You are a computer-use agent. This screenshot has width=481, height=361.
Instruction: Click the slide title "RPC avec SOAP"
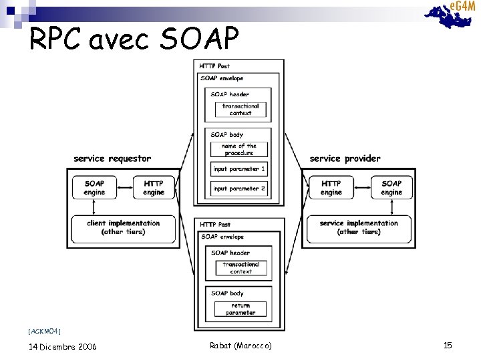point(134,40)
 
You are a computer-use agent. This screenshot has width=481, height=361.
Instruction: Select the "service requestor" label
point(112,158)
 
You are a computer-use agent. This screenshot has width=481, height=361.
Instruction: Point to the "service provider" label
point(345,158)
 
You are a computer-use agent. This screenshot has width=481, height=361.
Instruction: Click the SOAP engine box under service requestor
point(95,188)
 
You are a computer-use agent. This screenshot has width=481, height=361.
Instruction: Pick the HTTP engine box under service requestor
point(154,188)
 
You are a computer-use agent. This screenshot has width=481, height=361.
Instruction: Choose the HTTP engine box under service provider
point(331,188)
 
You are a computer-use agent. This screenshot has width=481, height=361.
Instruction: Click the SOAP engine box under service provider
point(391,188)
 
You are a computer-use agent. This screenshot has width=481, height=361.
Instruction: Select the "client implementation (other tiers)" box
point(124,227)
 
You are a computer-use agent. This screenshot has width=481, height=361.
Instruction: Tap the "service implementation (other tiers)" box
point(359,227)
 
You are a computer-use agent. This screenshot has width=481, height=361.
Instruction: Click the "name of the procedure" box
point(238,149)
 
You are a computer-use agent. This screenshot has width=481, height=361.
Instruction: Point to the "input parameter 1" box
point(238,169)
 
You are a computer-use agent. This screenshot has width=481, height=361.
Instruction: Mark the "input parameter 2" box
point(238,189)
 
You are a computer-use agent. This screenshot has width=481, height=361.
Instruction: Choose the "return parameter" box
point(240,309)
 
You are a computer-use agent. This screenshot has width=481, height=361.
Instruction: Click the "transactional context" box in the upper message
point(240,110)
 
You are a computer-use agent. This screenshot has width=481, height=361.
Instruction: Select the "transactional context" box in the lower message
point(240,268)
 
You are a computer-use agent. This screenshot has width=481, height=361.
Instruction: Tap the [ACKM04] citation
point(45,331)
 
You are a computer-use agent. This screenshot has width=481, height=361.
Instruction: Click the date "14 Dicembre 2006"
point(63,346)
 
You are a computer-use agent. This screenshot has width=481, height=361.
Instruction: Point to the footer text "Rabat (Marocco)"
point(240,345)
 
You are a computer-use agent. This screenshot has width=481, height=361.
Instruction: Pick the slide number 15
point(448,345)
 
